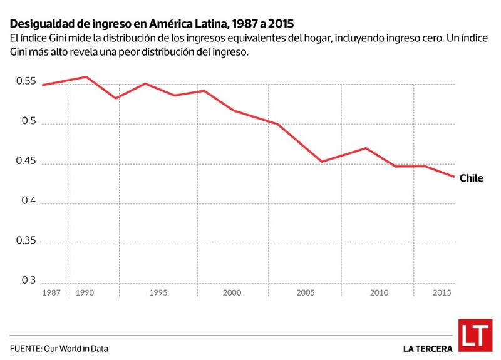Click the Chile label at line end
pyautogui.click(x=472, y=178)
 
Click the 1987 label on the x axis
pyautogui.click(x=52, y=293)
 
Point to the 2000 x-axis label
pyautogui.click(x=232, y=293)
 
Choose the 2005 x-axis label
pyautogui.click(x=305, y=293)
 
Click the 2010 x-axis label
pyautogui.click(x=379, y=293)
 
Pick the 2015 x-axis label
pyautogui.click(x=442, y=293)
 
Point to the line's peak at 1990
pyautogui.click(x=86, y=77)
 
